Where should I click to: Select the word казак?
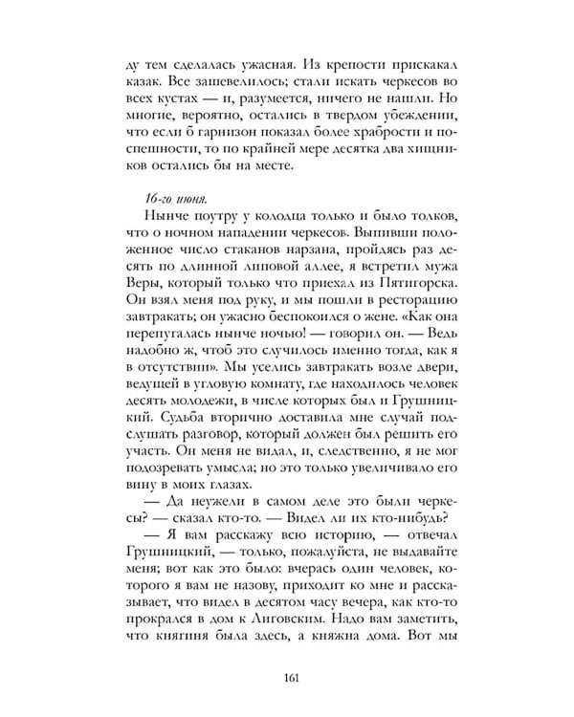(x=148, y=83)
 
